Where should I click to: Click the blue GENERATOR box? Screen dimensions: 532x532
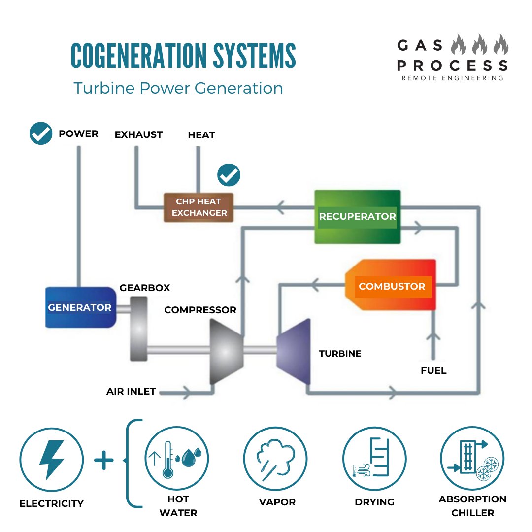click(80, 307)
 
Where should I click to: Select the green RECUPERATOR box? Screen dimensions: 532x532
click(357, 216)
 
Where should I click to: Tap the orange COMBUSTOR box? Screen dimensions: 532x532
click(391, 286)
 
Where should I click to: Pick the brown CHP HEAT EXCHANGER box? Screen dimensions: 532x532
click(199, 207)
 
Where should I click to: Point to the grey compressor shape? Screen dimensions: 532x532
click(226, 351)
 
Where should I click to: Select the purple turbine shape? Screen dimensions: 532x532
click(294, 351)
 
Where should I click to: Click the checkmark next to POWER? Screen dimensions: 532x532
click(41, 133)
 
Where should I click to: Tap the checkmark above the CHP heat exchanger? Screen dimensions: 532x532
click(229, 175)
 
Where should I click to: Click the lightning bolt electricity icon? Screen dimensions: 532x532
click(51, 459)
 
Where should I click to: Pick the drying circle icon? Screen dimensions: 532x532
click(374, 459)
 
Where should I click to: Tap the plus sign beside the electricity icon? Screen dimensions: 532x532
click(103, 461)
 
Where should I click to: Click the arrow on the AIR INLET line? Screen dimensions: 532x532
click(187, 393)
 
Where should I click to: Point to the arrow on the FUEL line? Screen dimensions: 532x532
click(433, 339)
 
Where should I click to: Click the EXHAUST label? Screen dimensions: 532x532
click(138, 134)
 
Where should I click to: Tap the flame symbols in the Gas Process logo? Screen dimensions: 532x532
click(480, 45)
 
